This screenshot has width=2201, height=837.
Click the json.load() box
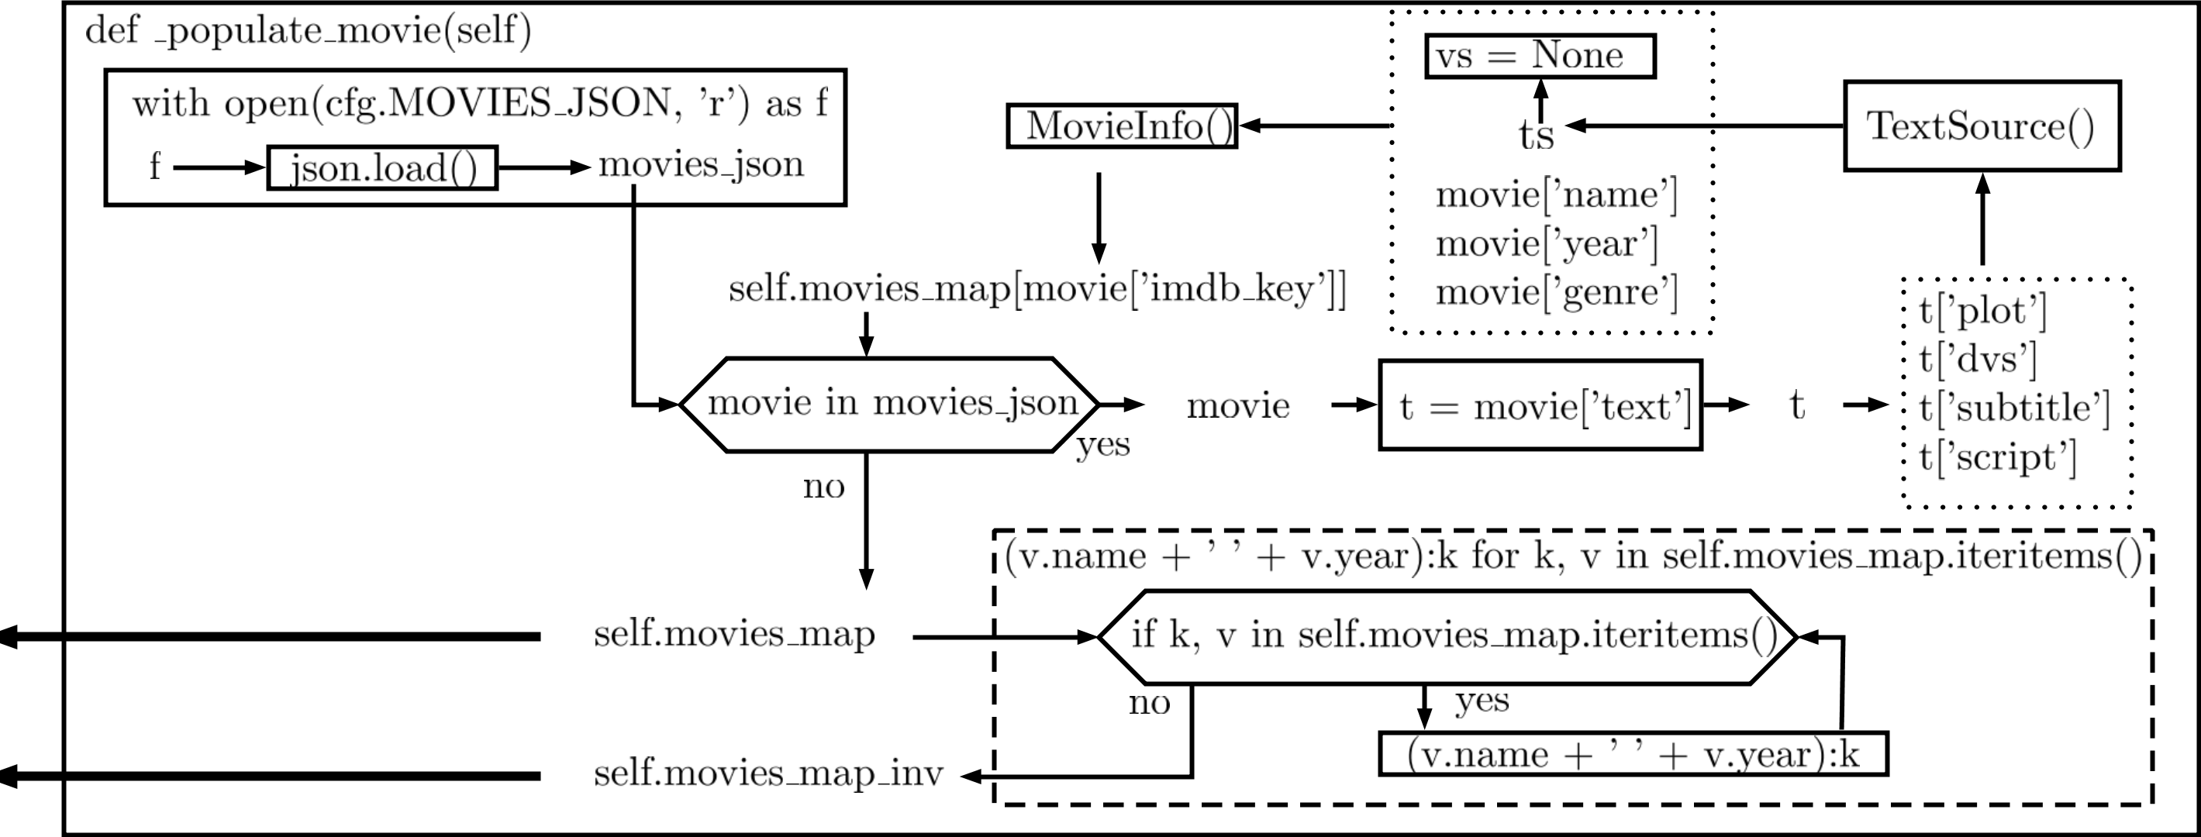pos(382,167)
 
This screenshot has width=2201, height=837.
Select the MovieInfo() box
pos(1122,126)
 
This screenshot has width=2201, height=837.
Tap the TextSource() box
pos(1982,126)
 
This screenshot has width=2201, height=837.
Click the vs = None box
pos(1540,57)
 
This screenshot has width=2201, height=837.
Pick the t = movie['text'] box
pos(1540,405)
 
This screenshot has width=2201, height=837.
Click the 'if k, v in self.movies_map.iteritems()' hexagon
pos(1448,636)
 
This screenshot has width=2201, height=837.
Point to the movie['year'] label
pos(1547,244)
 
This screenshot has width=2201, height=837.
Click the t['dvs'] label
pos(1977,360)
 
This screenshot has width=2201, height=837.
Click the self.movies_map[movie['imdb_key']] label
pos(1037,290)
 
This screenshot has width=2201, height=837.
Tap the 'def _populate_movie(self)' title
pos(309,32)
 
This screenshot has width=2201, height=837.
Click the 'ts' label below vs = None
pos(1535,136)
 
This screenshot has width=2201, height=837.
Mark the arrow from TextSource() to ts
pos(1705,126)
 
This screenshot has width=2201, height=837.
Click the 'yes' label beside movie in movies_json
pos(1102,445)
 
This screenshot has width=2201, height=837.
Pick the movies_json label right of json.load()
pos(701,165)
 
